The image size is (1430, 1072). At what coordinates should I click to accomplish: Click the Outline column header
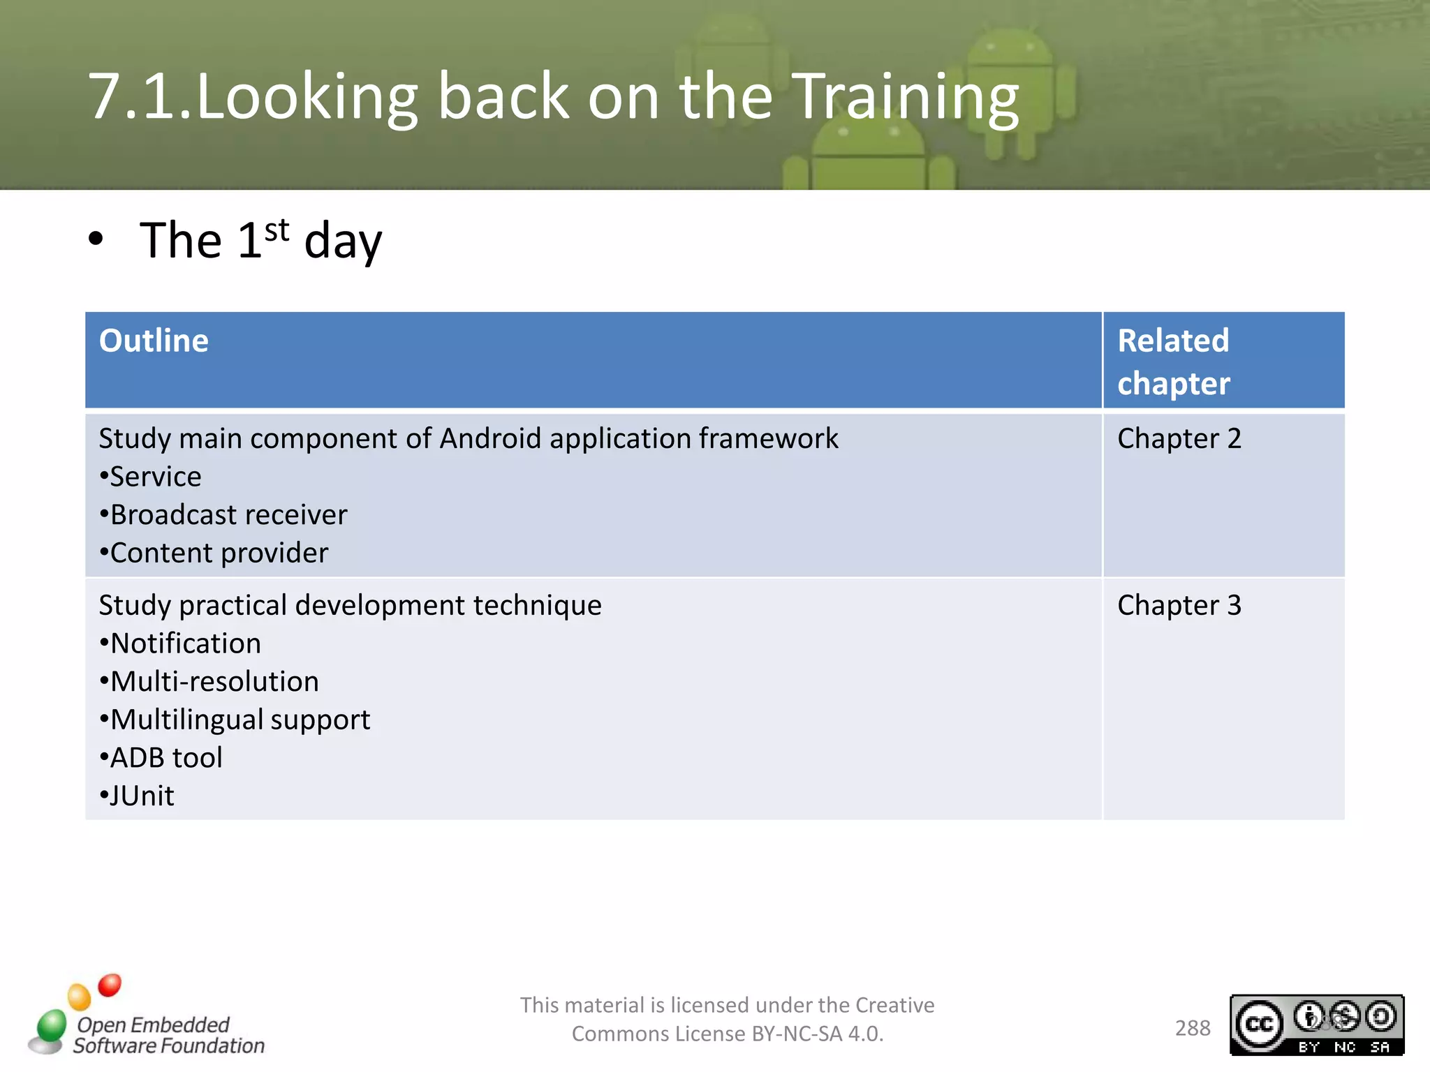[x=154, y=341]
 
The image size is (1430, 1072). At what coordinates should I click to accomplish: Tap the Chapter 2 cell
[x=1179, y=439]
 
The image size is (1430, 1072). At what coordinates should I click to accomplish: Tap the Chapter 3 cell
[x=1179, y=605]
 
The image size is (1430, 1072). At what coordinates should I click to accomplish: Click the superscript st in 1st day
[x=277, y=230]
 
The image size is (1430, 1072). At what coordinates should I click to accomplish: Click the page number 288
[x=1192, y=1028]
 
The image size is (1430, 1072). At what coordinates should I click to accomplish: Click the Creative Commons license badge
[x=1316, y=1025]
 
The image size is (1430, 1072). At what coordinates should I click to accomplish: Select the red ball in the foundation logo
[x=110, y=985]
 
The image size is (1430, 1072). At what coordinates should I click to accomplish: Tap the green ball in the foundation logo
[x=52, y=1025]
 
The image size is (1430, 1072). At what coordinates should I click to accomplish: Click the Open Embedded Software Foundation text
[x=168, y=1035]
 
